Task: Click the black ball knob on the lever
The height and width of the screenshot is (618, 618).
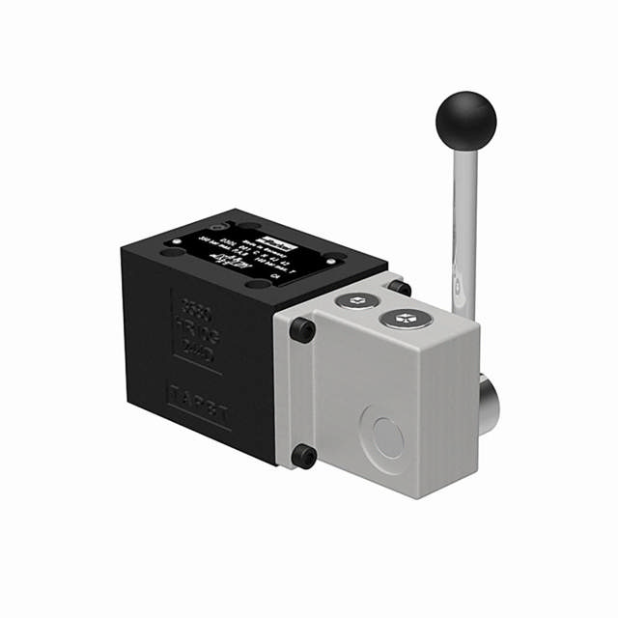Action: [465, 120]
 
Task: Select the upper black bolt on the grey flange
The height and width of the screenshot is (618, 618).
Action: [302, 330]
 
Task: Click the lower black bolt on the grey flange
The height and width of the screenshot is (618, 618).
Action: [303, 455]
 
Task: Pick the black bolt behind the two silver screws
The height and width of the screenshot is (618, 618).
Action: [400, 288]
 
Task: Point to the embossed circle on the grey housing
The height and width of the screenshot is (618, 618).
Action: [380, 435]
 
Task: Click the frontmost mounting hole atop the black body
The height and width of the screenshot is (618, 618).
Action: [255, 285]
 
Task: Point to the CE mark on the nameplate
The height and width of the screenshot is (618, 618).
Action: [274, 276]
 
